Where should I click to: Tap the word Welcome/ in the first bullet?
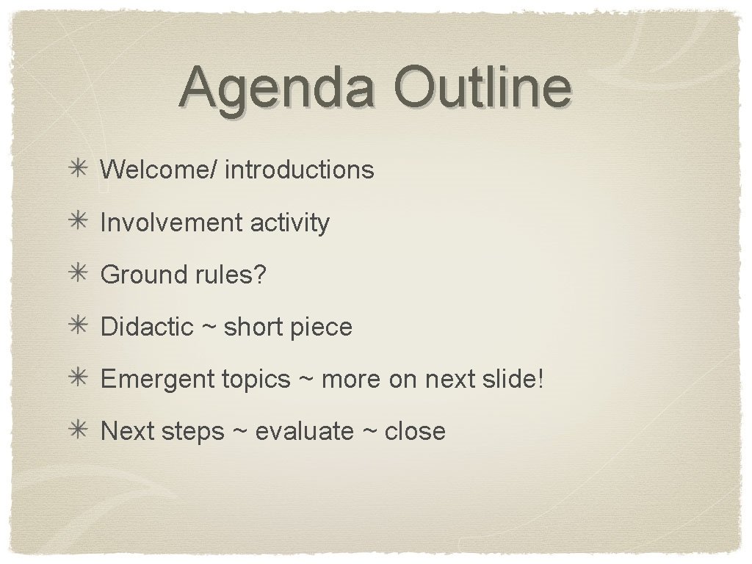pos(159,170)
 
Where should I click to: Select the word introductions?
pos(300,170)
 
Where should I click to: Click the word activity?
pos(290,223)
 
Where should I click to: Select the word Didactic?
pos(147,327)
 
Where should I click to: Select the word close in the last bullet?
pos(415,431)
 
